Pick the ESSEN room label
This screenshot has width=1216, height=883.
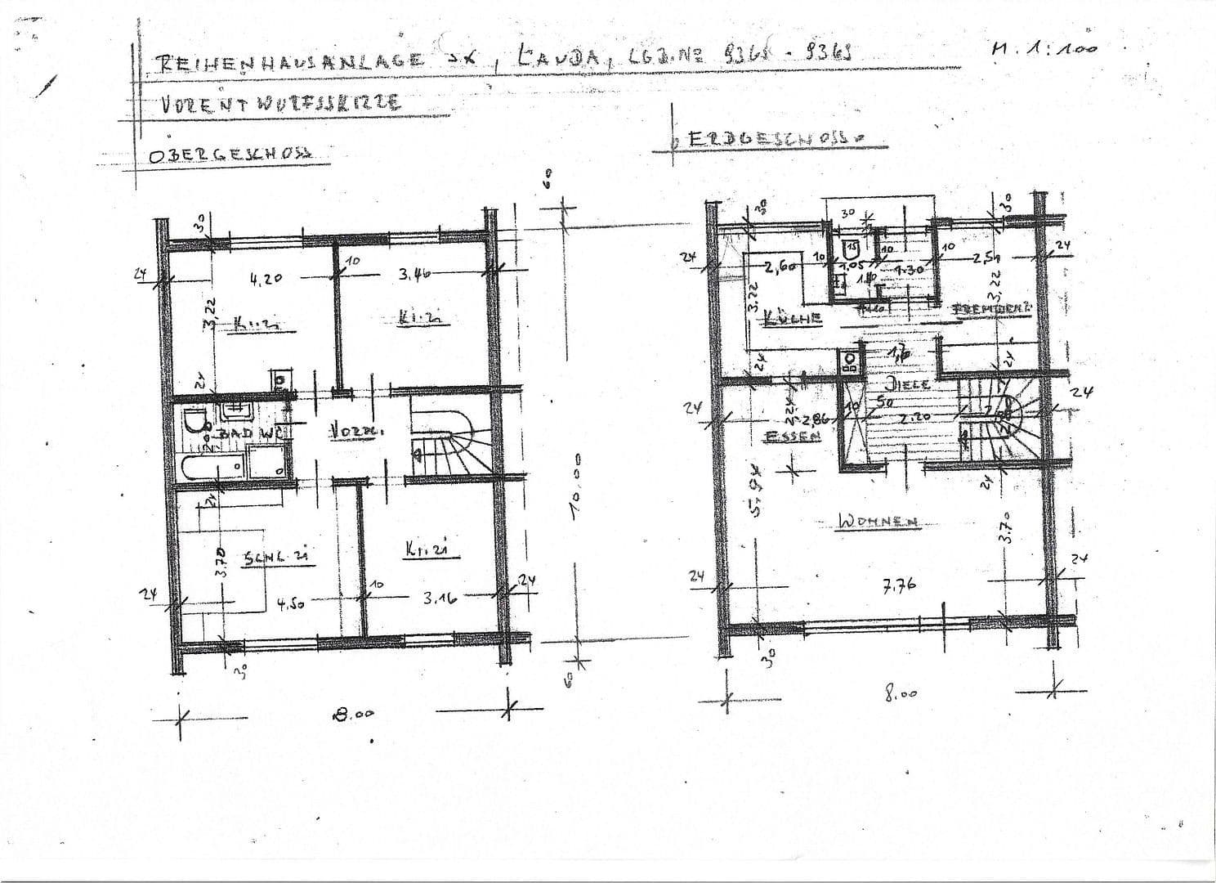791,437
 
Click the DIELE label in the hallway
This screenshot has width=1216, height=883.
907,383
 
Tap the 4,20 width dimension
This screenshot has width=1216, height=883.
266,278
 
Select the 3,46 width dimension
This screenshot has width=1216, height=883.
415,275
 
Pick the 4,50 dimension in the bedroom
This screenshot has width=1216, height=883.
291,605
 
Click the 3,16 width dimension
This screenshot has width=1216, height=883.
440,598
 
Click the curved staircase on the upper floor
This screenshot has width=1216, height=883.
449,441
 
